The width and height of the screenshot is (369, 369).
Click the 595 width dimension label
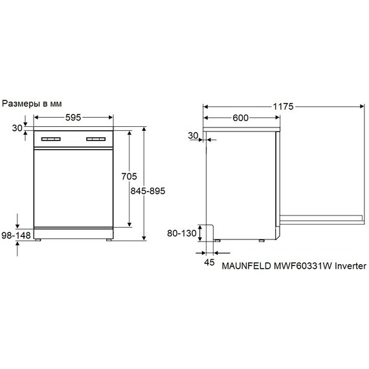point(73,117)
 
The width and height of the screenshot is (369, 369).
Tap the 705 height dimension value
point(129,176)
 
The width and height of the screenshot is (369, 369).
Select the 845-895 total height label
point(148,191)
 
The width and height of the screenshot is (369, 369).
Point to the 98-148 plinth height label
point(16,235)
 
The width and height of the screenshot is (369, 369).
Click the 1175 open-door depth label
point(283,107)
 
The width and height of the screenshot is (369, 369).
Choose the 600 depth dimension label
point(241,118)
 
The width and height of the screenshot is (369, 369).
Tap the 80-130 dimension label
point(182,233)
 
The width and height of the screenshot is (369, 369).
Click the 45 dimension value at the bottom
point(209,262)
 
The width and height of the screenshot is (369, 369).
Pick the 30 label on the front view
point(17,128)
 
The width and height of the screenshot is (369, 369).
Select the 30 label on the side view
point(193,135)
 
